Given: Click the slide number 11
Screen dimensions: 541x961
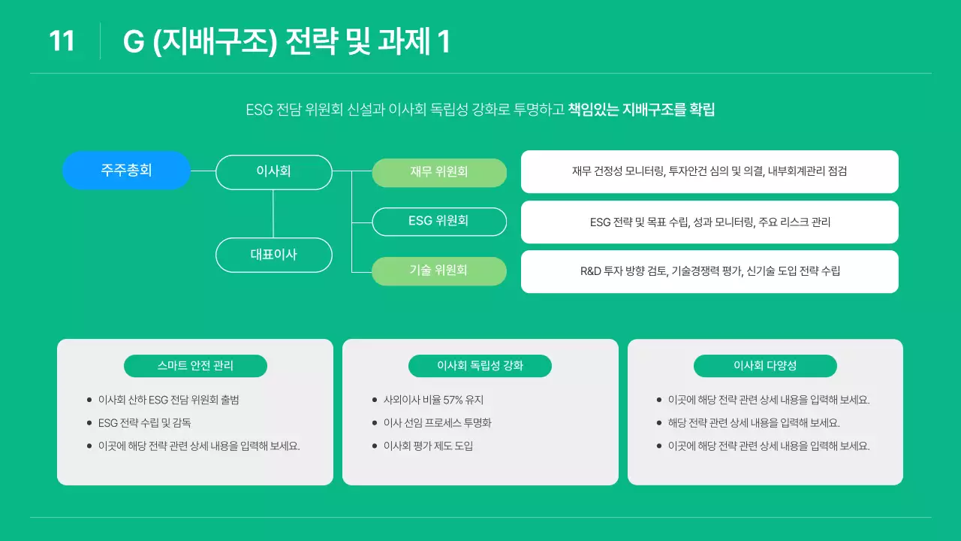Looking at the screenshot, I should click(62, 41).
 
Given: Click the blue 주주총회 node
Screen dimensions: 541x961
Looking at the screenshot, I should click(126, 171).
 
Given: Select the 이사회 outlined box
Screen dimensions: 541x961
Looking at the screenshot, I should click(273, 172).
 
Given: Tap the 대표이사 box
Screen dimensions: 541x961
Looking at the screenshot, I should click(273, 255).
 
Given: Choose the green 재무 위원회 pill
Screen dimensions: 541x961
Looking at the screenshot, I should click(439, 172).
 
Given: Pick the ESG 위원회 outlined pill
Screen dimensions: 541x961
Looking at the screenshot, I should click(439, 221).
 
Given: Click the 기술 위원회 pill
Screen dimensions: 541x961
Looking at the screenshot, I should click(439, 270).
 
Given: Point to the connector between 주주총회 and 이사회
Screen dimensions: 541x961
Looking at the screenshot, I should click(203, 171).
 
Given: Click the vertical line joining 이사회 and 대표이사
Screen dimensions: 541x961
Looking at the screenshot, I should click(273, 213).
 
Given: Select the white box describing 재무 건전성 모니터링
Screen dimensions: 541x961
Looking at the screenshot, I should click(709, 171).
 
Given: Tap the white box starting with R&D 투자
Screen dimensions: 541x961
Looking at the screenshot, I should click(709, 271).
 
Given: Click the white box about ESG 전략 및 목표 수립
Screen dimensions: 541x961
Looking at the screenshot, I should click(709, 222).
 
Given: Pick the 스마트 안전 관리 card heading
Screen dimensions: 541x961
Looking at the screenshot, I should click(195, 366).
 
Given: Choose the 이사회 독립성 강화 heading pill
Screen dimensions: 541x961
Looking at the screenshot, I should click(480, 366).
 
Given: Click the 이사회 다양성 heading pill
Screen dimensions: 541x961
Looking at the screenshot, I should click(765, 366).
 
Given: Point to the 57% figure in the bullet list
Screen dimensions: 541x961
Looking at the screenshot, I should click(452, 400).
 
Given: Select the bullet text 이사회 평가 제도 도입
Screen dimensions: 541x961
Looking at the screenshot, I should click(428, 446).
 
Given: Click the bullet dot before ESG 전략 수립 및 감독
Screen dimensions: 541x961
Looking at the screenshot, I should click(89, 423).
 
